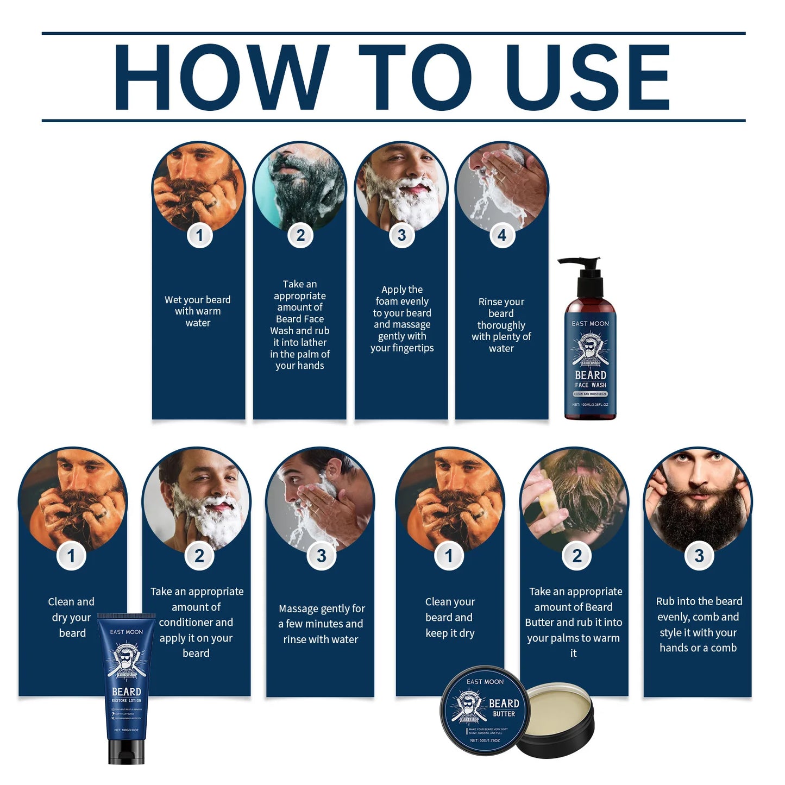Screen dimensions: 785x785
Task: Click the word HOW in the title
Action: point(221,77)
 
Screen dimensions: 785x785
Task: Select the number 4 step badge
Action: point(502,235)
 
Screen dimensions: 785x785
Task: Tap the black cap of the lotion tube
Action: point(126,752)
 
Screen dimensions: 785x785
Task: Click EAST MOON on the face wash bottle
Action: point(590,323)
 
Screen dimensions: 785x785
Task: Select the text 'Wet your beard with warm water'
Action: point(198,311)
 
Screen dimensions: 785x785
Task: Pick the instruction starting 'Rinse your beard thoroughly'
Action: point(501,325)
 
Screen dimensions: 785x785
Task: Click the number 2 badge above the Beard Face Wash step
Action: point(300,235)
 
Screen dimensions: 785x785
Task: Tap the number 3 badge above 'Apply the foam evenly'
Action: point(401,235)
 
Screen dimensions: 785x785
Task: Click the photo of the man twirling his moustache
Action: point(698,497)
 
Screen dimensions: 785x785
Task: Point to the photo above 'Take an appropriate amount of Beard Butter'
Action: point(574,497)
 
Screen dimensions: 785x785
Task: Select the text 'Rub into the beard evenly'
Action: point(698,624)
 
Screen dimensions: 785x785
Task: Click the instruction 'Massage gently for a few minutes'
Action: point(321,624)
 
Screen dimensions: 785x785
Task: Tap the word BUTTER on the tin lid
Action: point(504,714)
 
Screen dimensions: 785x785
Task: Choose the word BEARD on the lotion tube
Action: point(126,692)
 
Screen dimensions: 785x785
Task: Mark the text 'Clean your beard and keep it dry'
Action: point(450,617)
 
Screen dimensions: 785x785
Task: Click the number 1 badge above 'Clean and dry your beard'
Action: point(71,556)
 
